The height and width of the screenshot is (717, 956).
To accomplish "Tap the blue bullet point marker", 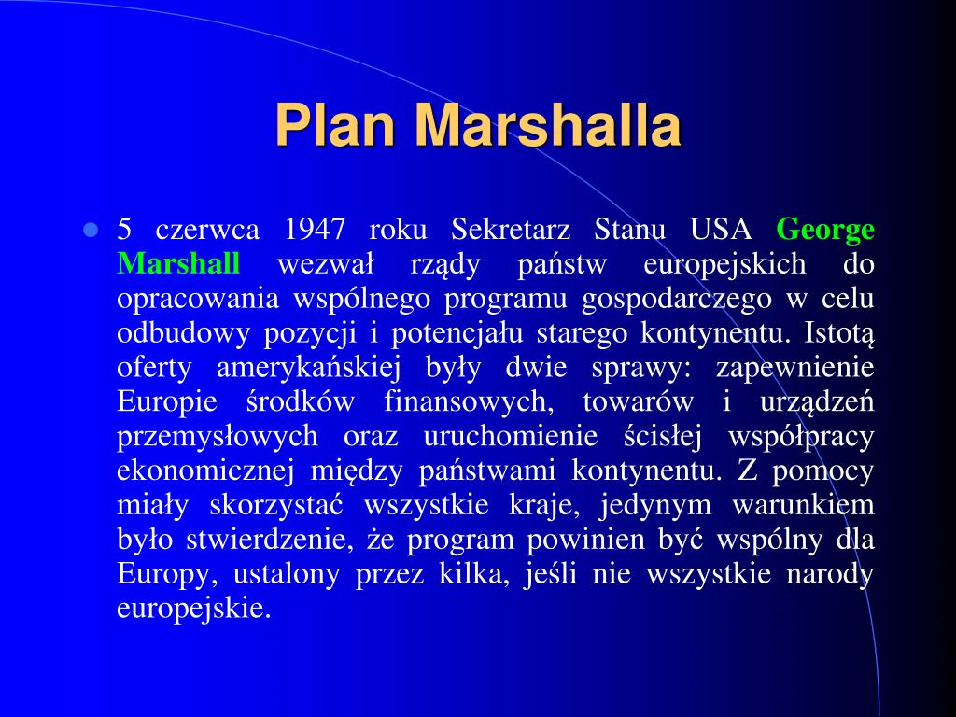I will pyautogui.click(x=91, y=230).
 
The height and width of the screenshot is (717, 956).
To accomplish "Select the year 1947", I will pyautogui.click(x=316, y=230).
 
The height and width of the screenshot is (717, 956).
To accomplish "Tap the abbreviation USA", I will pyautogui.click(x=721, y=230).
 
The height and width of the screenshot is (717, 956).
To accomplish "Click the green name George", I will pyautogui.click(x=825, y=230).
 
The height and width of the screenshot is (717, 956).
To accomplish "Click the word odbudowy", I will pyautogui.click(x=171, y=333).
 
